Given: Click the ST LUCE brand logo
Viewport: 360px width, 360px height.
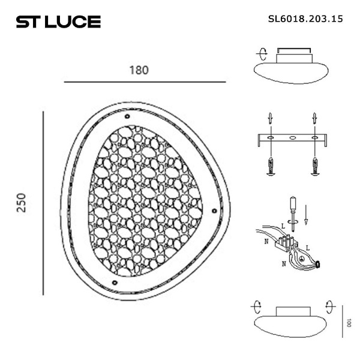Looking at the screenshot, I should pyautogui.click(x=58, y=22).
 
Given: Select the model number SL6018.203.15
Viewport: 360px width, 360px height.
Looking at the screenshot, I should pyautogui.click(x=305, y=19).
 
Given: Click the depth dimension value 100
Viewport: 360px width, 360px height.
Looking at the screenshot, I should pyautogui.click(x=349, y=322).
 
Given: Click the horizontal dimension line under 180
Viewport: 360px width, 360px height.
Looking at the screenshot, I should pyautogui.click(x=144, y=82).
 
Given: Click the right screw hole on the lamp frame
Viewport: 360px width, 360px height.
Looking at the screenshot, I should pyautogui.click(x=214, y=209).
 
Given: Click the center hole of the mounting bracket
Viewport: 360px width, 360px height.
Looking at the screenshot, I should pyautogui.click(x=293, y=139).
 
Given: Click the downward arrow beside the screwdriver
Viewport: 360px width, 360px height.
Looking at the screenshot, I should pyautogui.click(x=306, y=214).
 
